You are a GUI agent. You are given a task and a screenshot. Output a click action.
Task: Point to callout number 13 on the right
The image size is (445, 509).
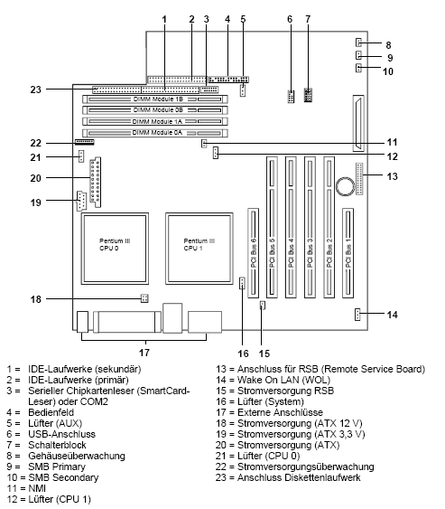[416, 176]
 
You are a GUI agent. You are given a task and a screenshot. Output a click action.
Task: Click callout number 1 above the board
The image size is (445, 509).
[164, 18]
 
